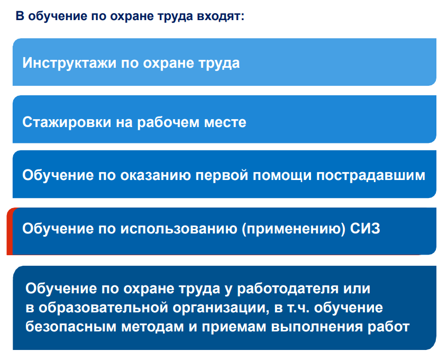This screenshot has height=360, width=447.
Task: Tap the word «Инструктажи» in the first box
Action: point(69,64)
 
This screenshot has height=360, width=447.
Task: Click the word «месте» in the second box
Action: point(225,122)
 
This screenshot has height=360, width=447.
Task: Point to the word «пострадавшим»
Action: point(371,175)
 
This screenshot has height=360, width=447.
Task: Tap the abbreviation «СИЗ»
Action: point(365,229)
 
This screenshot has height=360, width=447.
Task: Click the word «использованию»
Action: point(179,229)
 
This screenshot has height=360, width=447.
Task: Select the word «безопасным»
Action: point(71,327)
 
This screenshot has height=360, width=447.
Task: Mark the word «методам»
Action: point(152,327)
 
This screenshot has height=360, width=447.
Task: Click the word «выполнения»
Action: point(317,327)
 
